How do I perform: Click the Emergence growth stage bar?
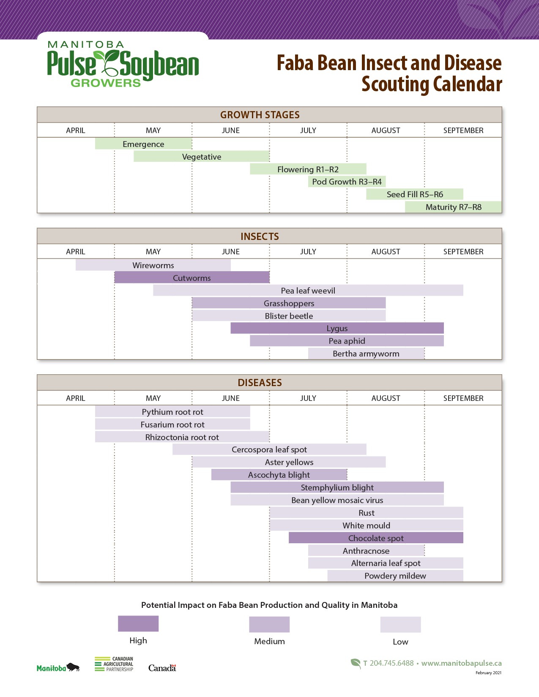[x=143, y=144]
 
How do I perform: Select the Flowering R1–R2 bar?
[x=308, y=169]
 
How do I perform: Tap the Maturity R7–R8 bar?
[x=453, y=207]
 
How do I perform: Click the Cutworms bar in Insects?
[x=192, y=278]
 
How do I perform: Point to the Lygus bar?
[x=337, y=328]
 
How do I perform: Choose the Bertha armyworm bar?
[x=366, y=354]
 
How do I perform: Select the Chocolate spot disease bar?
[x=376, y=538]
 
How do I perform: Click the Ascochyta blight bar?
[x=279, y=475]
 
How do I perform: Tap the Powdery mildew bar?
[x=395, y=576]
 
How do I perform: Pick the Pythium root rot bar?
[x=172, y=412]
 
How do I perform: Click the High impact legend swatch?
[x=138, y=623]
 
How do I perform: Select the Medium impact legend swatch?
[x=269, y=624]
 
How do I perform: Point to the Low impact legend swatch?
[x=400, y=625]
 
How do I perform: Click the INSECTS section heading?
[x=260, y=237]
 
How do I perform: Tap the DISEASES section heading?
[x=260, y=383]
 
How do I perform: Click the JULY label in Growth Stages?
[x=308, y=131]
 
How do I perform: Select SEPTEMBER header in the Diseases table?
[x=463, y=398]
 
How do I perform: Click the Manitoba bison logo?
[x=58, y=668]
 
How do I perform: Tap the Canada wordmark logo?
[x=162, y=668]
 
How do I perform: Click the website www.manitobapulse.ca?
[x=461, y=663]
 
